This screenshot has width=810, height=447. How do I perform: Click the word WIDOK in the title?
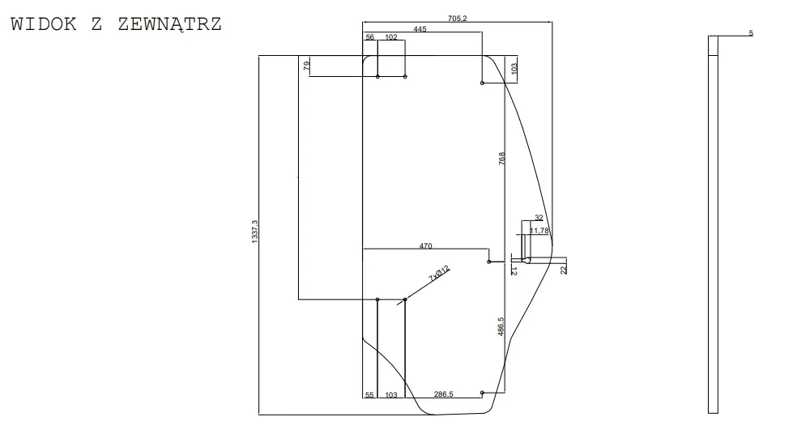(x=44, y=24)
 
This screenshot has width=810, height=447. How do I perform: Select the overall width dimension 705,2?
(x=457, y=19)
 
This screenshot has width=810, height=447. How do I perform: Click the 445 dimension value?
(x=420, y=29)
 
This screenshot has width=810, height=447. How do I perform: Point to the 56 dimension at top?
(x=370, y=37)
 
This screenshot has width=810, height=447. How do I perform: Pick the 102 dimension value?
(x=391, y=37)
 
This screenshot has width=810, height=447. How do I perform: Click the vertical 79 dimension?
(x=307, y=66)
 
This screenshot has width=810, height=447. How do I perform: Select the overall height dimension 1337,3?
(x=254, y=232)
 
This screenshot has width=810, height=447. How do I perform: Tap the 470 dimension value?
(x=426, y=246)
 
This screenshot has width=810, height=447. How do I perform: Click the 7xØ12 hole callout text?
(x=439, y=273)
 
